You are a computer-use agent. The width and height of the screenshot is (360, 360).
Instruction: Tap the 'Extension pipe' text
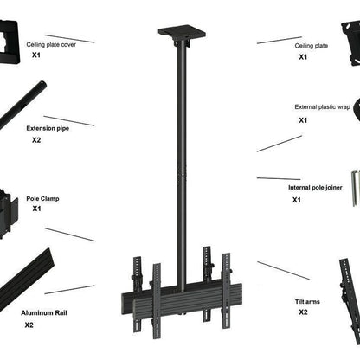(x=48, y=127)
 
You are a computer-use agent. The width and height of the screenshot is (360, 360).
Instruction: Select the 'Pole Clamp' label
(x=43, y=197)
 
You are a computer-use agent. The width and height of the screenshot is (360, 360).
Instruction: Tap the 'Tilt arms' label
(x=307, y=302)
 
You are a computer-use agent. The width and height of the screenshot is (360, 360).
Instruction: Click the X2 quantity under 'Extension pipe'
(x=36, y=139)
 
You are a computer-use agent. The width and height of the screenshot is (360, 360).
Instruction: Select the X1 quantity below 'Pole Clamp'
(x=36, y=209)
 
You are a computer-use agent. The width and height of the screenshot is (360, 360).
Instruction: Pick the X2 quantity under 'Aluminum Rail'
(x=29, y=325)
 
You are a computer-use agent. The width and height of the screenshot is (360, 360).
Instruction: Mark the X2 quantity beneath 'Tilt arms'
(x=303, y=312)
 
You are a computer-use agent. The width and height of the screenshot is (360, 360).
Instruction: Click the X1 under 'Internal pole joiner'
(x=296, y=200)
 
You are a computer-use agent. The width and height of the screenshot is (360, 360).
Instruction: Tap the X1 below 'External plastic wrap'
(x=303, y=120)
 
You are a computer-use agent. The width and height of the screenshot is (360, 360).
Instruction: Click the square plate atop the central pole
(x=180, y=34)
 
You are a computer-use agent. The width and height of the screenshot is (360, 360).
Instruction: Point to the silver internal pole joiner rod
(x=355, y=188)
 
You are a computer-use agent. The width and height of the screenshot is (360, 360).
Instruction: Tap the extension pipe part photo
(x=22, y=103)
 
